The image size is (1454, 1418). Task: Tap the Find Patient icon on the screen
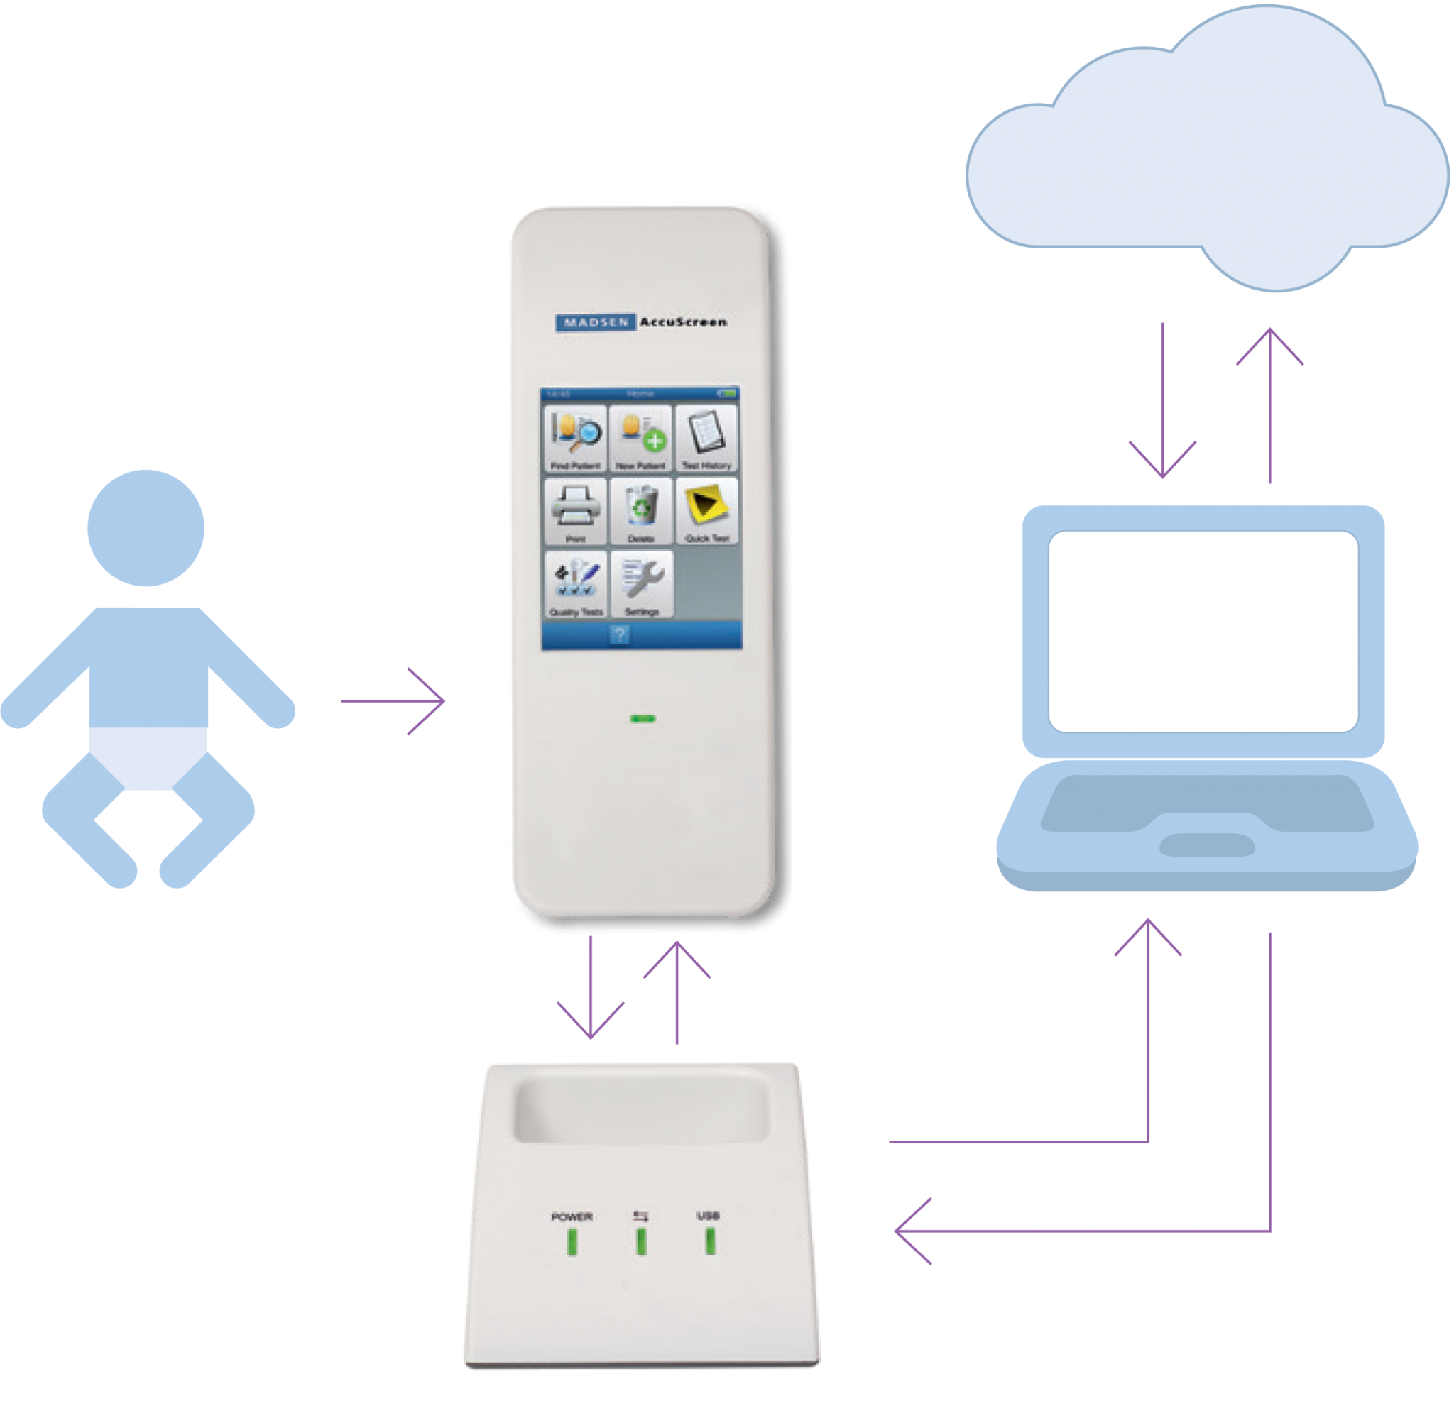[575, 438]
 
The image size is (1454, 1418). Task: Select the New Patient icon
[640, 438]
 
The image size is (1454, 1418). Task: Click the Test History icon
[706, 438]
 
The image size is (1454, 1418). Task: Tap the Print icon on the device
[575, 511]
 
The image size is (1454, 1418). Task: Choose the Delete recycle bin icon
[640, 511]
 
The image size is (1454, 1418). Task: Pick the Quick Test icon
[706, 511]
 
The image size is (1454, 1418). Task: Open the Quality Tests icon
[575, 584]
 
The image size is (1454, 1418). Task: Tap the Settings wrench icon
[641, 584]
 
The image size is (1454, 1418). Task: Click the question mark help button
[619, 634]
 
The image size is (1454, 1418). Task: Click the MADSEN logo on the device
[595, 322]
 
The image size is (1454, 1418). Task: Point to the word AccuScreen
[683, 322]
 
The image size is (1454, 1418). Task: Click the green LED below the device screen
[643, 719]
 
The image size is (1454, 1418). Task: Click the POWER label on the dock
[572, 1217]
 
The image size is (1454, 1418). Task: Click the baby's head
[146, 527]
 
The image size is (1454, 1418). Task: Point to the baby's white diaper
[148, 756]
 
